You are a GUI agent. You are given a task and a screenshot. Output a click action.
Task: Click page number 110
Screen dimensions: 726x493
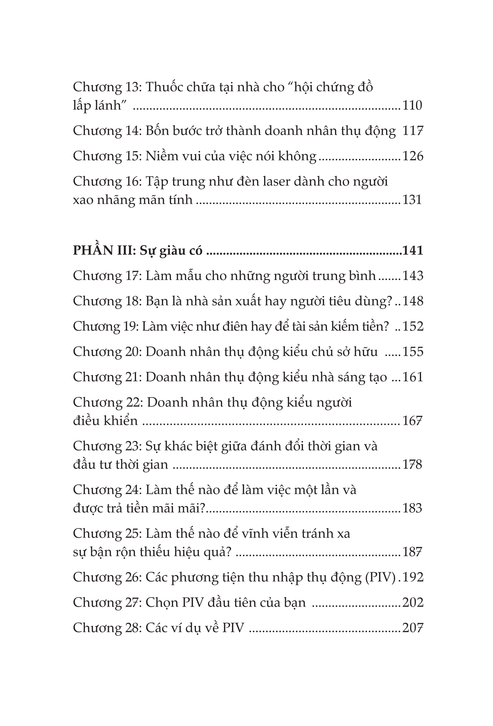pyautogui.click(x=412, y=106)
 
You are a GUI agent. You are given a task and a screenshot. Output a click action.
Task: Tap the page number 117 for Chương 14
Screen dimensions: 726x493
pyautogui.click(x=412, y=131)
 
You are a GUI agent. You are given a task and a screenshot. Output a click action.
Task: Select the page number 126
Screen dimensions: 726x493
pyautogui.click(x=412, y=156)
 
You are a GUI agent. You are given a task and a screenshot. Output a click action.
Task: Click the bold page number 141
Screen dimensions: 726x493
pyautogui.click(x=412, y=250)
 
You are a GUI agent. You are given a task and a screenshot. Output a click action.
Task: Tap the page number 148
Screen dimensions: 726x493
pyautogui.click(x=412, y=301)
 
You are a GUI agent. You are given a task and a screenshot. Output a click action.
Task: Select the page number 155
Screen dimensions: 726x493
pyautogui.click(x=412, y=351)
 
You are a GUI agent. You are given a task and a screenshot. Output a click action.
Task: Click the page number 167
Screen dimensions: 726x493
pyautogui.click(x=412, y=421)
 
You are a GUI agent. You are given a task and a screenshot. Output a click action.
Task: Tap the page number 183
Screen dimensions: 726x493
pyautogui.click(x=412, y=508)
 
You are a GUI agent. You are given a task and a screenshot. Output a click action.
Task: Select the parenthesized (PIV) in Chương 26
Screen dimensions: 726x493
pyautogui.click(x=380, y=577)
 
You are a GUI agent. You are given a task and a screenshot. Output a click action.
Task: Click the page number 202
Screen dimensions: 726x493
pyautogui.click(x=412, y=602)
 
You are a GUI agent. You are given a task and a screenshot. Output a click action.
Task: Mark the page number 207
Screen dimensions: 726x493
pyautogui.click(x=412, y=627)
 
